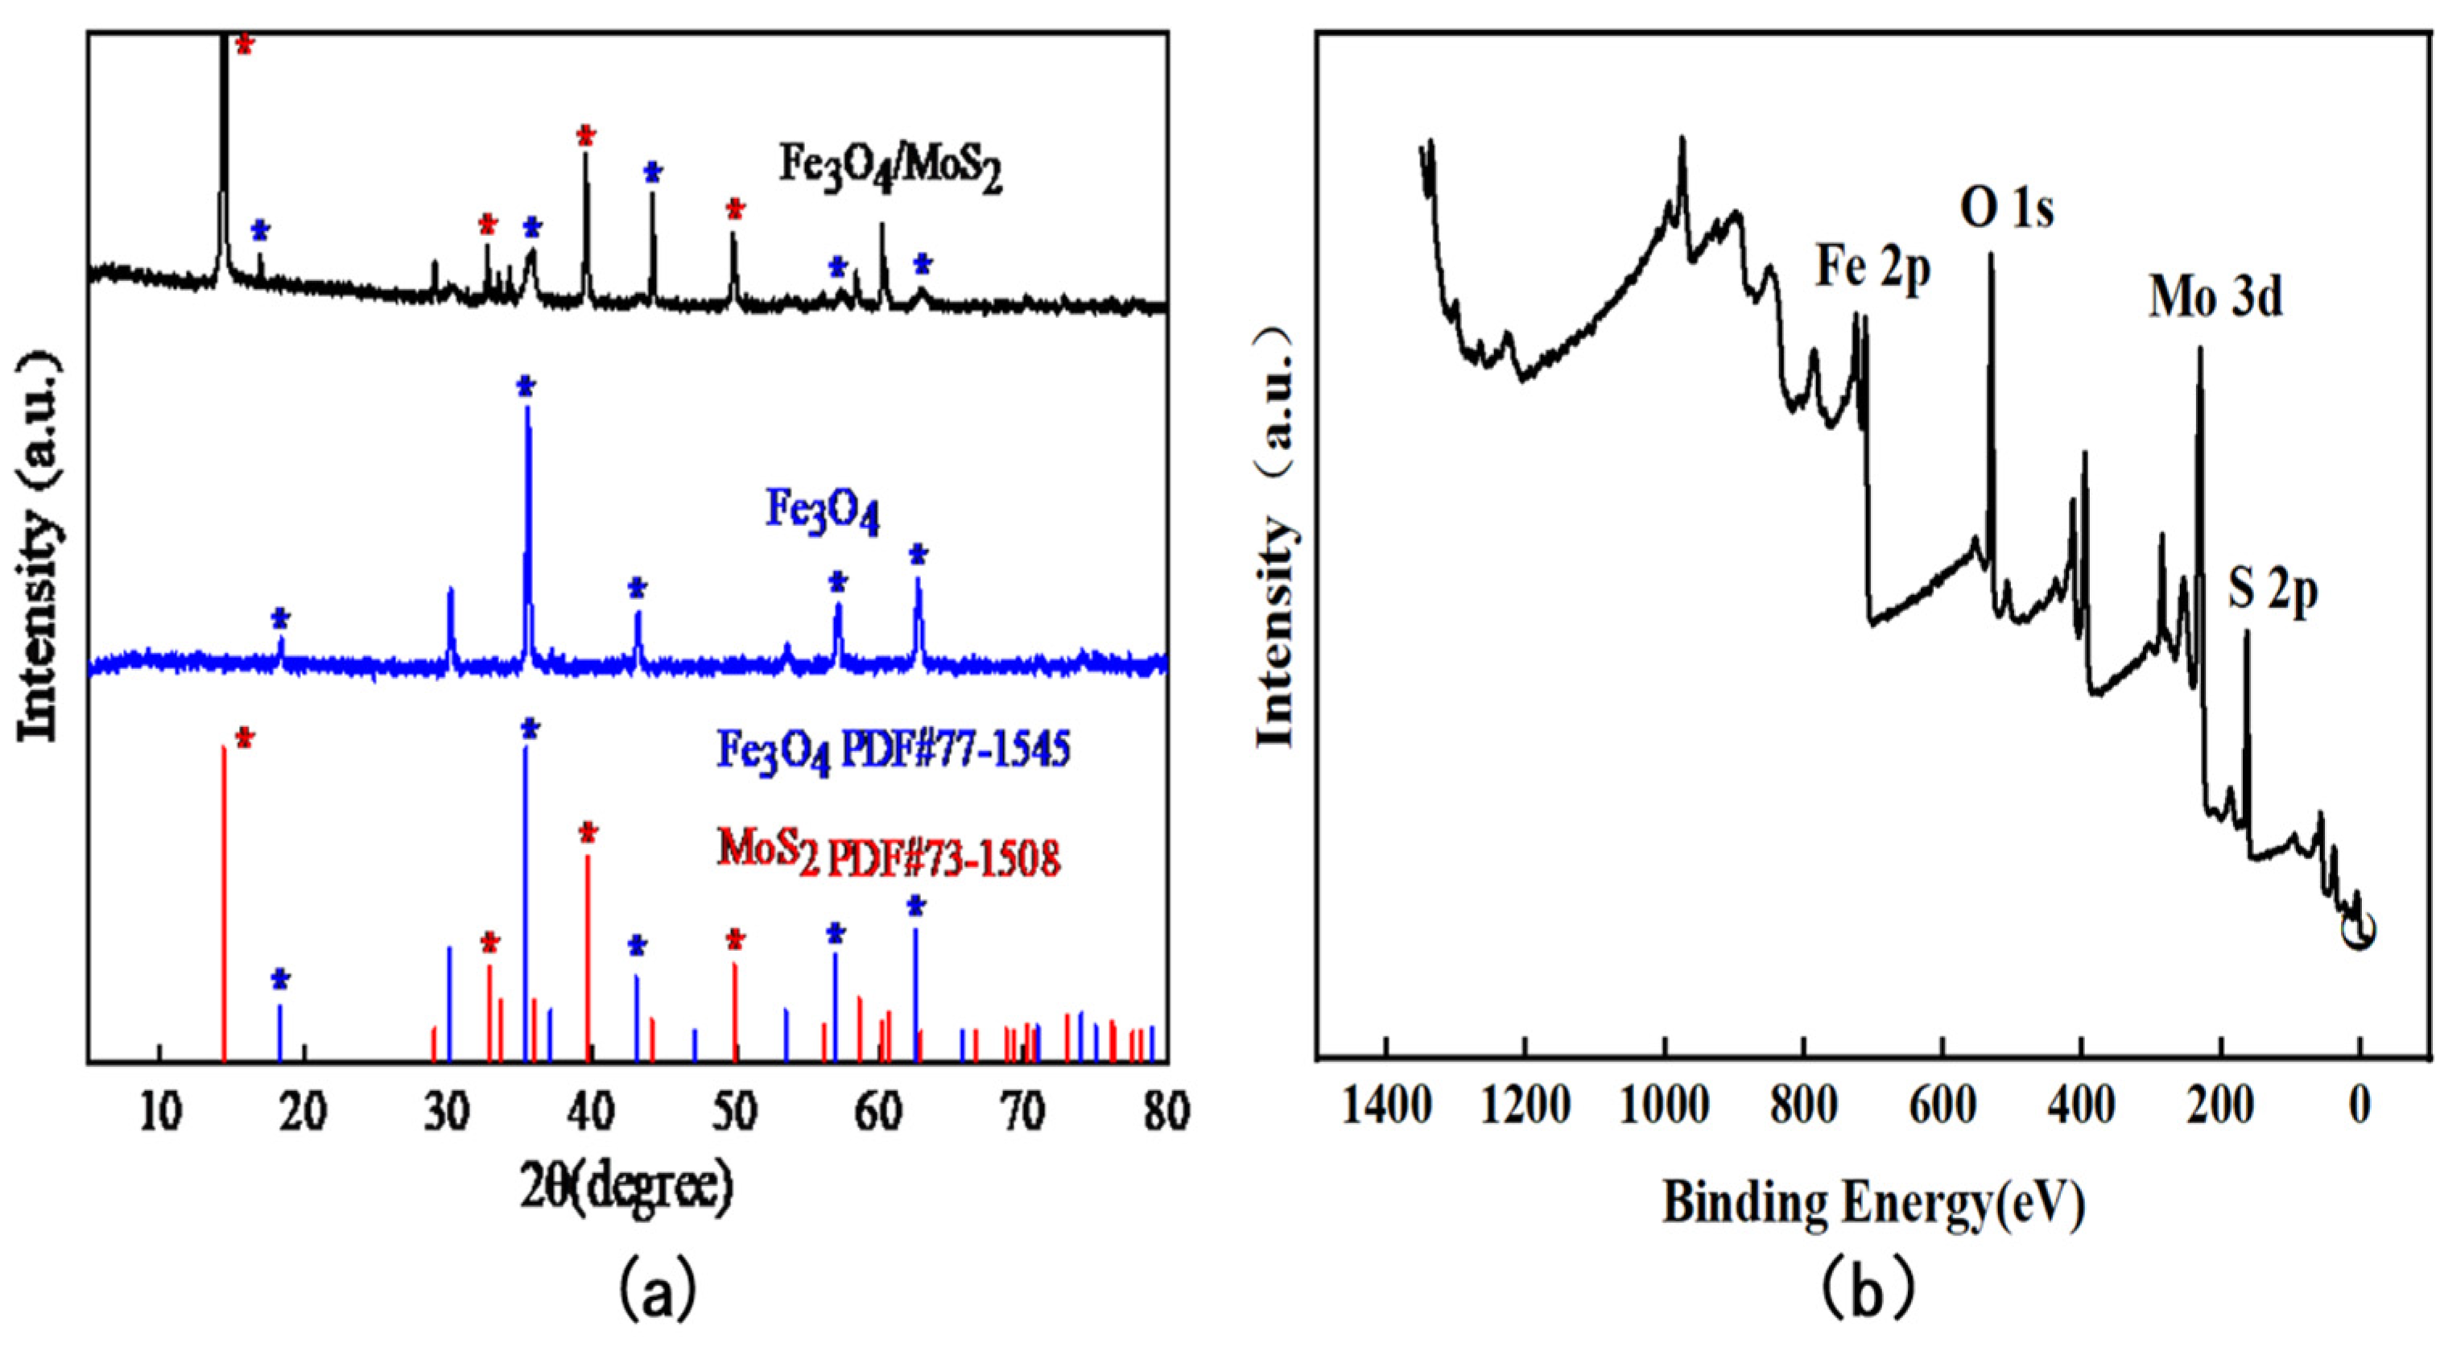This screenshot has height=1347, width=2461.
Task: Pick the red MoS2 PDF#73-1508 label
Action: coord(889,855)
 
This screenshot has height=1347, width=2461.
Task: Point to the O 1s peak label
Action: coord(2006,209)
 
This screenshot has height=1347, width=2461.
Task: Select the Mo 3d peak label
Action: coord(2215,298)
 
